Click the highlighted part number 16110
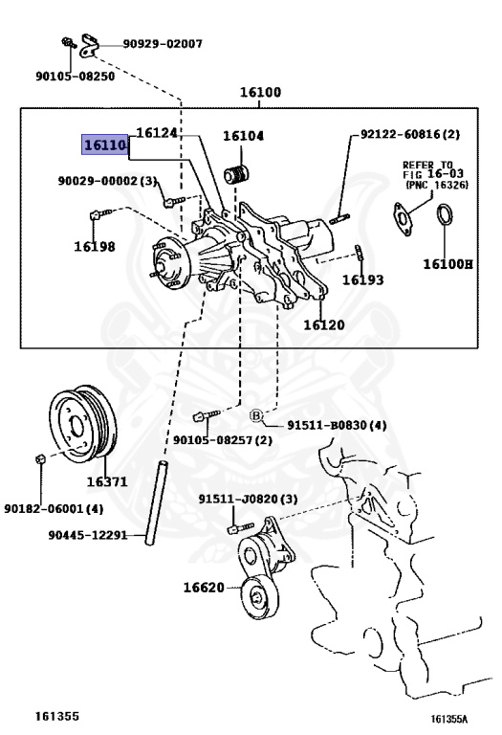tap(105, 145)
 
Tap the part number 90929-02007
tap(163, 44)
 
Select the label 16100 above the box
tap(260, 92)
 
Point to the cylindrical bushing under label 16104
tap(236, 174)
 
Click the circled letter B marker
tap(255, 415)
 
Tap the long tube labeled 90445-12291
tap(155, 502)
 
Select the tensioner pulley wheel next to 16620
tap(259, 598)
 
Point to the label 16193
tap(363, 279)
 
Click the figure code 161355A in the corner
tap(449, 719)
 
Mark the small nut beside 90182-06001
tap(40, 458)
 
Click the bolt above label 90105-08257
tap(206, 414)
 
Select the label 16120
tap(324, 324)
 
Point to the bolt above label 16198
tap(99, 214)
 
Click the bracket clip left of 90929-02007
tap(89, 46)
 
